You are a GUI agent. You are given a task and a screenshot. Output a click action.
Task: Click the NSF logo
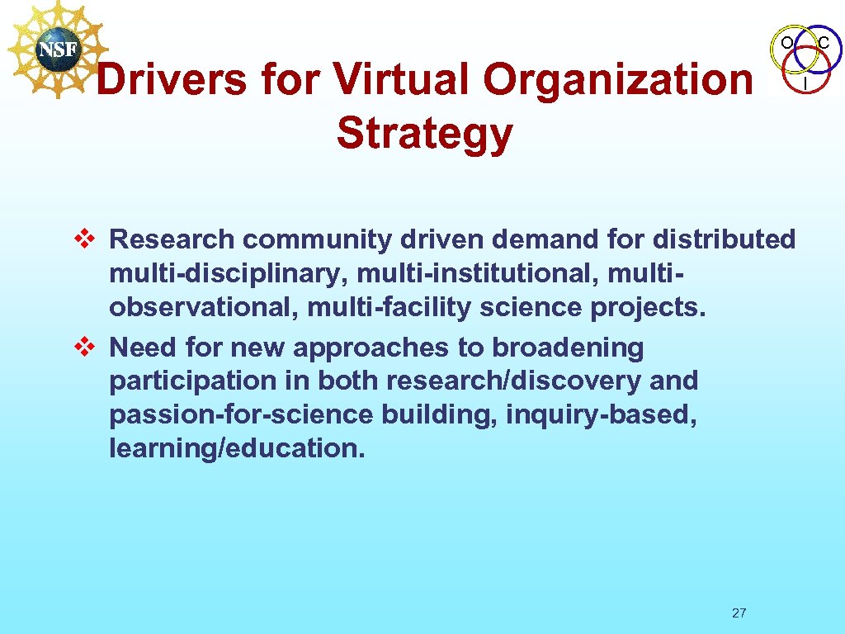point(56,49)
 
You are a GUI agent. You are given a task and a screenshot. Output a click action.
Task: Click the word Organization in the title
point(618,80)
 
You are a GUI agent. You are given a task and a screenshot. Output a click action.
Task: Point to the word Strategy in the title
point(424,134)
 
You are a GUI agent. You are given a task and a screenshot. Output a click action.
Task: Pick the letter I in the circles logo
point(805,83)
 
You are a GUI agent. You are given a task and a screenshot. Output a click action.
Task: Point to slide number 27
point(739,613)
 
